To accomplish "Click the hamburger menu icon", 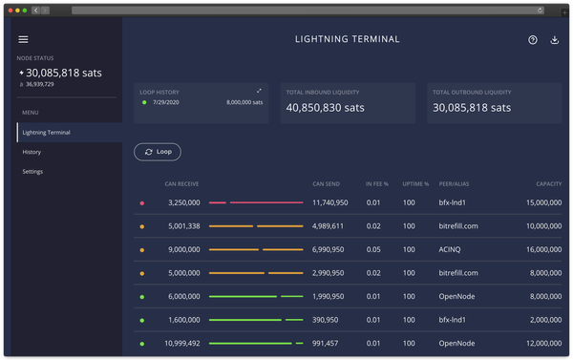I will pos(24,39).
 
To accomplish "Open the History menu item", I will pos(32,152).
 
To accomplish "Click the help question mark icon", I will pos(533,40).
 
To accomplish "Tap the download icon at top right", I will pos(555,40).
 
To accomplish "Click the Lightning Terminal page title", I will pos(347,40).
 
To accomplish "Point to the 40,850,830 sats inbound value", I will pos(325,108).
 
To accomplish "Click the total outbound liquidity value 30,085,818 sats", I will pos(472,108).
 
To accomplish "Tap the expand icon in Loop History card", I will pos(259,92).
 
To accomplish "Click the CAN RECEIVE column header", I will pos(181,182).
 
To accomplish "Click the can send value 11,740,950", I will pos(330,202).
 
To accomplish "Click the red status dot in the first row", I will pos(142,203).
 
